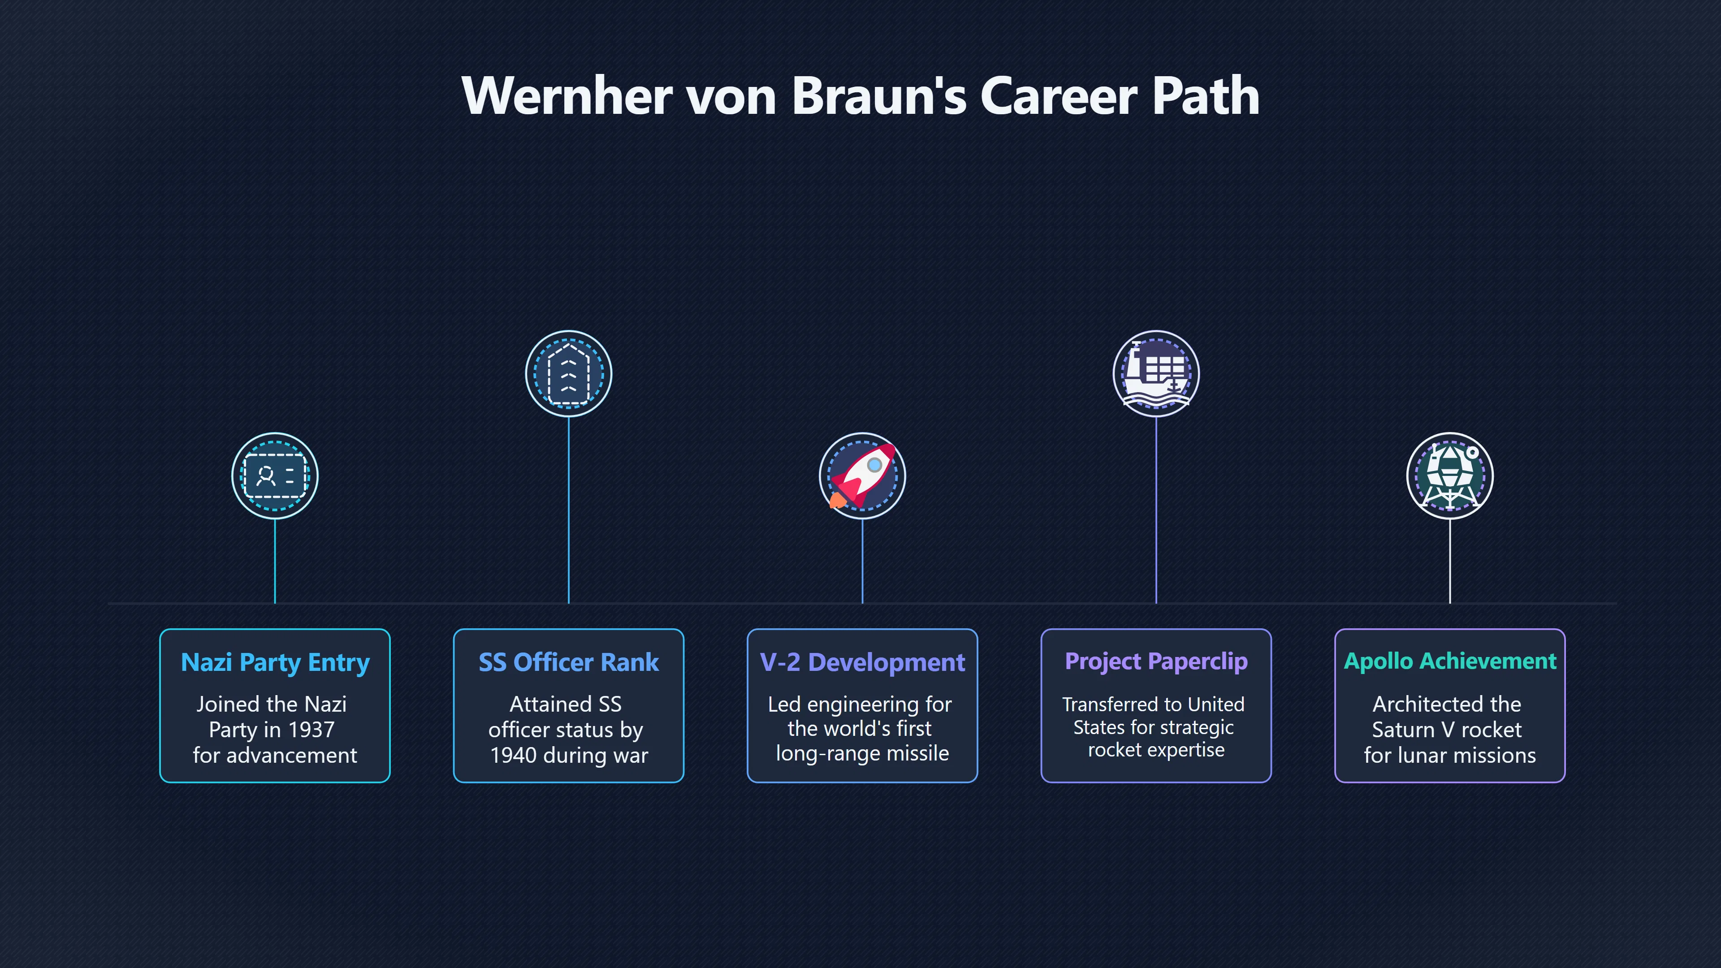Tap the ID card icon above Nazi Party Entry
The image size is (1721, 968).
click(275, 475)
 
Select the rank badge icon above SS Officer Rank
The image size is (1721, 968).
click(569, 373)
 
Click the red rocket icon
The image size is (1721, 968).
click(862, 475)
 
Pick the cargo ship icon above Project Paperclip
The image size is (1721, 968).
click(1156, 373)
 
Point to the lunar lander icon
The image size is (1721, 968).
click(1450, 475)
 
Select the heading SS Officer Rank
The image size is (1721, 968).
click(569, 662)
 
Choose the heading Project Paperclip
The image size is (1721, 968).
click(1156, 661)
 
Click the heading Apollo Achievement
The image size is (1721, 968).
click(1450, 661)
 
